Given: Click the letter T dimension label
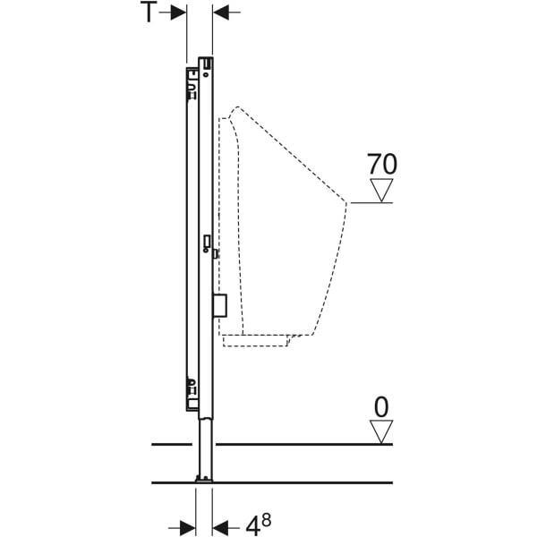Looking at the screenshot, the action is click(x=149, y=12).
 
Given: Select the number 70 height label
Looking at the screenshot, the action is click(x=382, y=164).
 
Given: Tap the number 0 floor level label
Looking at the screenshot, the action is click(x=381, y=407).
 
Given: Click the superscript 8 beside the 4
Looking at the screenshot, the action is click(x=267, y=519).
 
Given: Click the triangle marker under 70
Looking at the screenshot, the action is click(x=381, y=191).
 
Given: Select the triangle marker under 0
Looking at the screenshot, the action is click(x=381, y=432).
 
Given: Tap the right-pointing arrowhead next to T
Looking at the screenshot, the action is click(x=178, y=13).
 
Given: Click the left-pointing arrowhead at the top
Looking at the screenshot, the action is click(x=221, y=13).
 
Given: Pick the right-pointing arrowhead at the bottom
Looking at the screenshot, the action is click(x=188, y=528).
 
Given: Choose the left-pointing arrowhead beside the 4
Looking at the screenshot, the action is click(x=220, y=528).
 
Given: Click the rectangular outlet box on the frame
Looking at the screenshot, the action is click(x=219, y=305).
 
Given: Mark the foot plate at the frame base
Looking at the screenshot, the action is click(x=204, y=480).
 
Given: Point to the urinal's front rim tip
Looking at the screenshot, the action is click(x=345, y=203).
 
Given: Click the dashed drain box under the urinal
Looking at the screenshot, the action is click(x=256, y=340).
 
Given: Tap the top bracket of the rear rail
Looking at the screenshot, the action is click(x=192, y=84).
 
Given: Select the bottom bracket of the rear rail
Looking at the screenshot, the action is click(x=192, y=394).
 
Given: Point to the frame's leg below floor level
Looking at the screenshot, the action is click(x=206, y=447).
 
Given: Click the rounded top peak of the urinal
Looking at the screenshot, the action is click(x=237, y=107).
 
